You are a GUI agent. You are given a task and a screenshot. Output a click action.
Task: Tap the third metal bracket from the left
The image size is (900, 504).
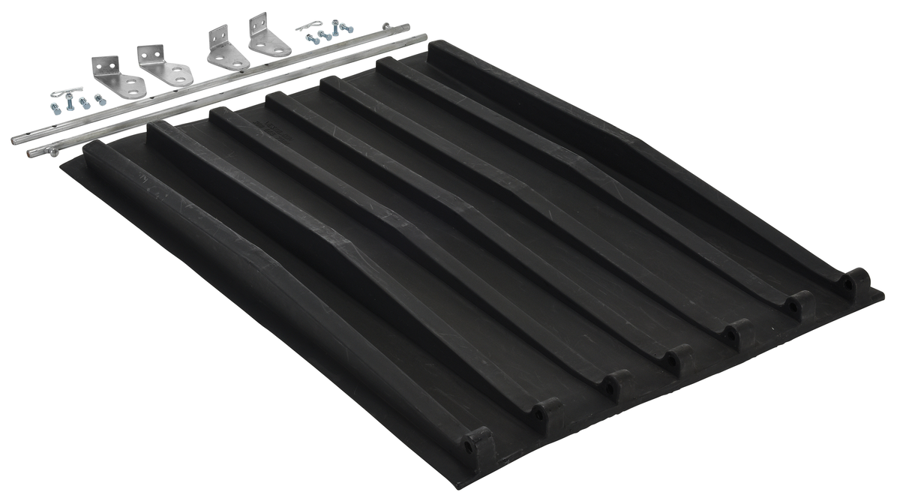click(226, 49)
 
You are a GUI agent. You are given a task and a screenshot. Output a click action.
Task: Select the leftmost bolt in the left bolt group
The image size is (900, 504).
click(55, 109)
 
